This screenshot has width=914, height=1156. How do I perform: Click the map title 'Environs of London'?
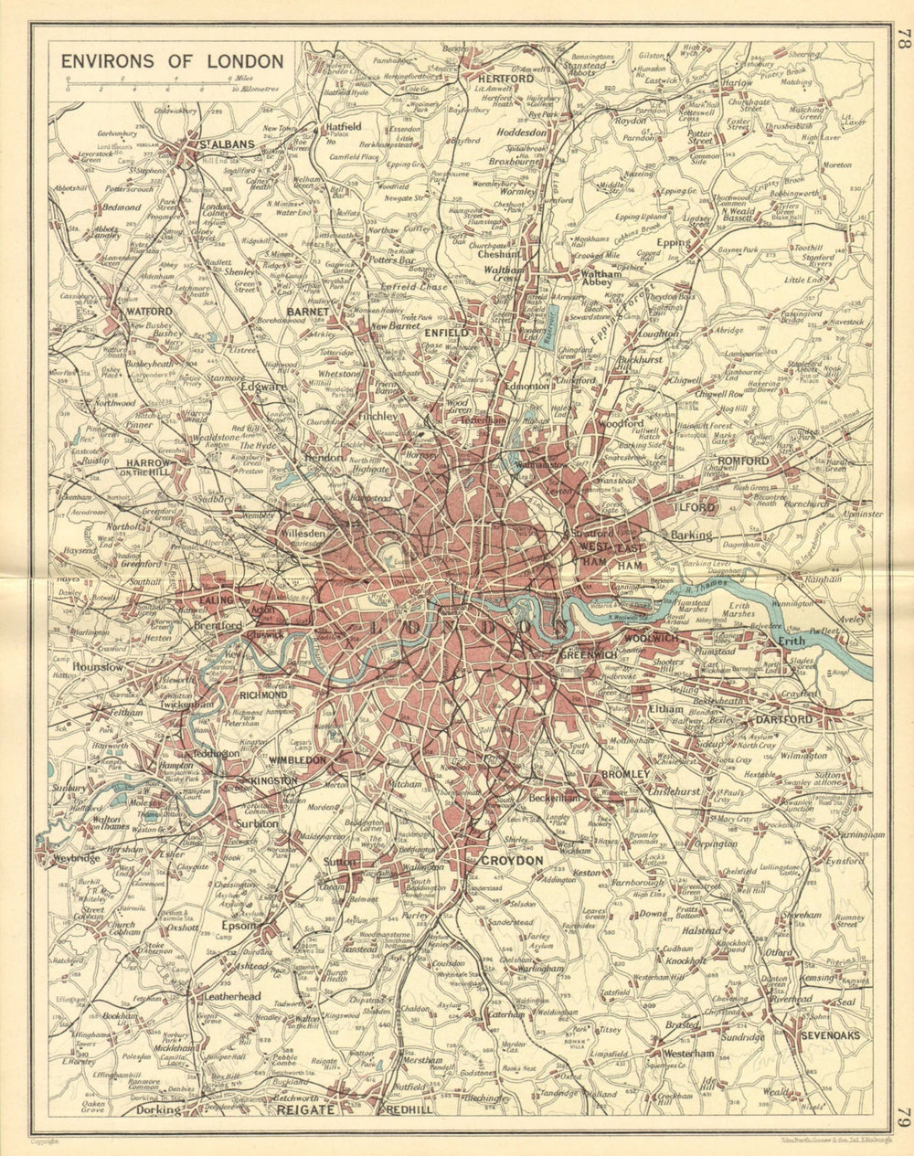[x=172, y=62]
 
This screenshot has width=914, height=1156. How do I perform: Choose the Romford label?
[x=743, y=461]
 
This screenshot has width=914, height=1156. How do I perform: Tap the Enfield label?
[x=446, y=334]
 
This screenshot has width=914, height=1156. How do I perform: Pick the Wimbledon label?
[x=297, y=759]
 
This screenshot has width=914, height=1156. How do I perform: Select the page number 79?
[x=901, y=1118]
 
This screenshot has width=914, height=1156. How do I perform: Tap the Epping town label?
[x=675, y=243]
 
